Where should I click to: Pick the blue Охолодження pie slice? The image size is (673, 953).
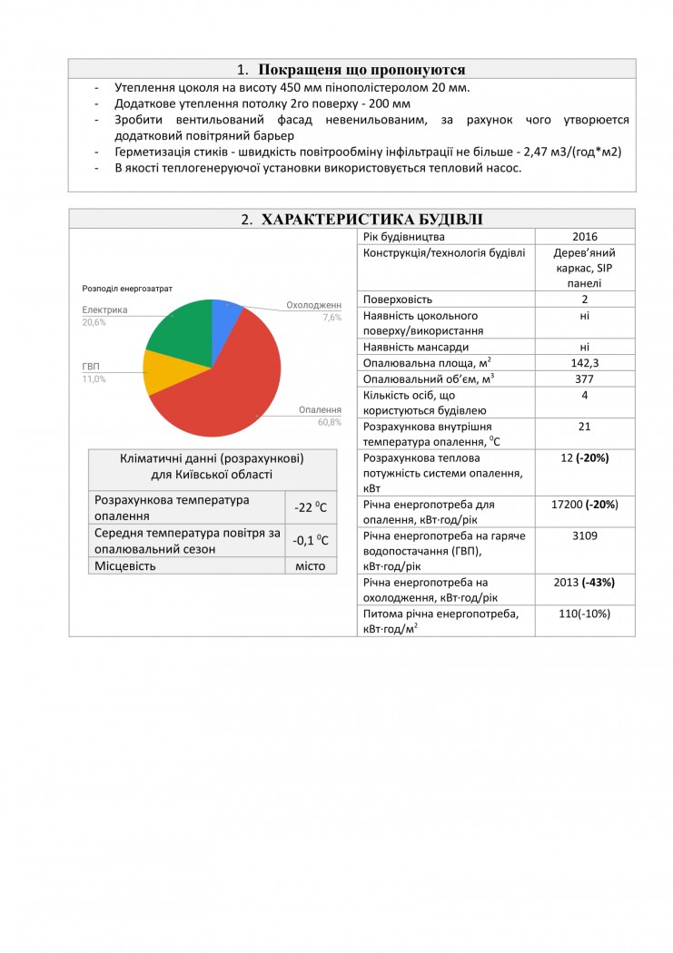pyautogui.click(x=224, y=317)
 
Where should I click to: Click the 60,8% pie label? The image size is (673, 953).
pyautogui.click(x=329, y=422)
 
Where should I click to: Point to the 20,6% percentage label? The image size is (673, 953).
pyautogui.click(x=94, y=322)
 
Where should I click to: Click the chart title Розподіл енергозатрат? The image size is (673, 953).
pyautogui.click(x=127, y=289)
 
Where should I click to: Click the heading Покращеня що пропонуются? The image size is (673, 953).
pyautogui.click(x=351, y=70)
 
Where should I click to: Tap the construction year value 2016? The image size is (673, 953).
pyautogui.click(x=585, y=237)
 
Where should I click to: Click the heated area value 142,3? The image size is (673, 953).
pyautogui.click(x=585, y=362)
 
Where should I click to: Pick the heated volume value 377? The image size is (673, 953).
pyautogui.click(x=585, y=378)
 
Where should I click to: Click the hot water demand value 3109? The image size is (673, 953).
pyautogui.click(x=585, y=535)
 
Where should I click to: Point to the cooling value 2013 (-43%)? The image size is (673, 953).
pyautogui.click(x=585, y=582)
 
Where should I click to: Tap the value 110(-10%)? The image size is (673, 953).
pyautogui.click(x=585, y=614)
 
